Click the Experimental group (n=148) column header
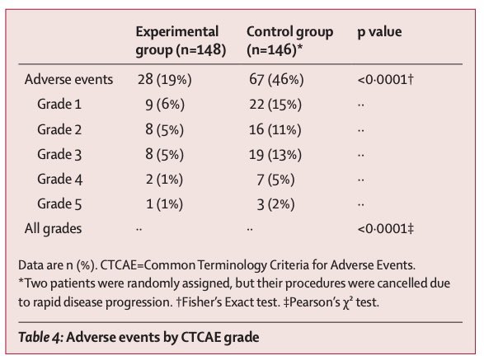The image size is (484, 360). click(181, 40)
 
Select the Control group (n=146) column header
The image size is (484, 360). click(290, 40)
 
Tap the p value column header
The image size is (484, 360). click(379, 32)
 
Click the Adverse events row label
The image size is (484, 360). click(68, 80)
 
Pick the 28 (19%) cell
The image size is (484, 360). click(165, 80)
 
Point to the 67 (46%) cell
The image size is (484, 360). click(276, 80)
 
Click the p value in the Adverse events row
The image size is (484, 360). click(385, 80)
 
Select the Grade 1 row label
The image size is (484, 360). click(59, 105)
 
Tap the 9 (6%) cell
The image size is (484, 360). click(165, 105)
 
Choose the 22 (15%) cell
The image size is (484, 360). click(275, 105)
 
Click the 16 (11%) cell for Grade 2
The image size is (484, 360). click(275, 129)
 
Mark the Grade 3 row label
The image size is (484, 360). click(59, 154)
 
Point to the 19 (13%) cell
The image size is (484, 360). click(275, 155)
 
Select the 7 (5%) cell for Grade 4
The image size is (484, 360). click(275, 180)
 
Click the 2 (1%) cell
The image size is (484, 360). click(164, 180)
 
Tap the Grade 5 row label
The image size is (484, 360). click(59, 204)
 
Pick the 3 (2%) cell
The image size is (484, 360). click(275, 204)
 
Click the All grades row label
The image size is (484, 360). click(53, 229)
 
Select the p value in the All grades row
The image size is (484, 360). click(386, 229)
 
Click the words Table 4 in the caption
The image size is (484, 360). click(40, 337)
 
